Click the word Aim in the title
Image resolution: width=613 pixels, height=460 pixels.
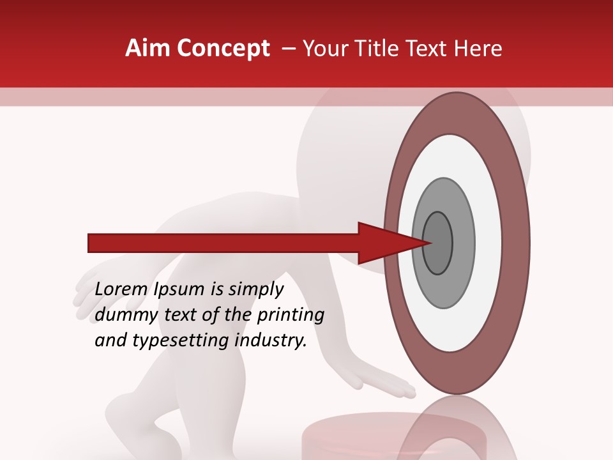(x=148, y=49)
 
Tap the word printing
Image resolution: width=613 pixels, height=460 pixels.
(x=291, y=314)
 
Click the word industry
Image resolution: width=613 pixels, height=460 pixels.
(x=271, y=341)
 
